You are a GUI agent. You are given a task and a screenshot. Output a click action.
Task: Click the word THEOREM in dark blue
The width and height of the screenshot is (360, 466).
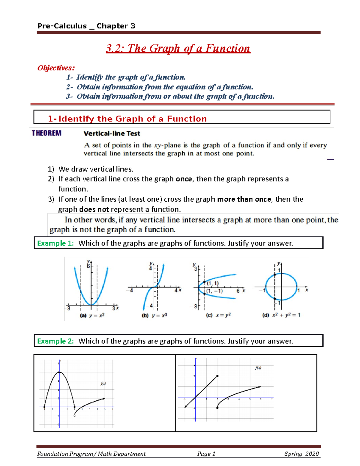[46, 133]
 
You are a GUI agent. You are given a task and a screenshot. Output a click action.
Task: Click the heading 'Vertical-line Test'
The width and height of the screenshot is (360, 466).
[112, 134]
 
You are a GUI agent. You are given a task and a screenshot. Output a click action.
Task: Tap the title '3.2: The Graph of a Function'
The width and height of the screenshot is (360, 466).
[178, 49]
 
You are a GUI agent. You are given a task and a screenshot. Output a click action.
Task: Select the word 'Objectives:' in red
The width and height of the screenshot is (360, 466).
[56, 68]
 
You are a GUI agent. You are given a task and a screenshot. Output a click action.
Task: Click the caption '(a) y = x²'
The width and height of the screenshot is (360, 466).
[92, 316]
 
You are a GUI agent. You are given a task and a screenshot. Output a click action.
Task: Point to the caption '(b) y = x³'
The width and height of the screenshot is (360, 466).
[154, 316]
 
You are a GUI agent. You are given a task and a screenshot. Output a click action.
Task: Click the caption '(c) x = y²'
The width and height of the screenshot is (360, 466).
[218, 315]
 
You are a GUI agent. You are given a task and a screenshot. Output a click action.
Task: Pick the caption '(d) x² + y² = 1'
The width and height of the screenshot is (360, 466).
[281, 315]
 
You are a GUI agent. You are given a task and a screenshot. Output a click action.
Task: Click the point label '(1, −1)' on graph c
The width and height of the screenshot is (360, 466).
[214, 291]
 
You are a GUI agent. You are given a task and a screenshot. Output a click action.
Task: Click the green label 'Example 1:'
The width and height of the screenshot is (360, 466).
[55, 243]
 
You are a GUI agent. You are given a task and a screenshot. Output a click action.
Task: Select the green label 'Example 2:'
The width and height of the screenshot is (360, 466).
[55, 341]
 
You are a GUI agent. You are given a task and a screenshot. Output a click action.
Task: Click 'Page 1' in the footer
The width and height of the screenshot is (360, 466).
[206, 454]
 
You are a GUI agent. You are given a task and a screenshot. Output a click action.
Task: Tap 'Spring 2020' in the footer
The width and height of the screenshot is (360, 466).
[301, 454]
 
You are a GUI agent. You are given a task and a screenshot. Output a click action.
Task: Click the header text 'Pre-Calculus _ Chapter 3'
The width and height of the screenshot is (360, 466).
[86, 26]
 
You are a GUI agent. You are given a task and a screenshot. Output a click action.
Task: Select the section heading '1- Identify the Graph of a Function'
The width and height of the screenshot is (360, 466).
[127, 119]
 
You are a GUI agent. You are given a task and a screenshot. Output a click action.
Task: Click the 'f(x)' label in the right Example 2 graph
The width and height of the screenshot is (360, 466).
[258, 368]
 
